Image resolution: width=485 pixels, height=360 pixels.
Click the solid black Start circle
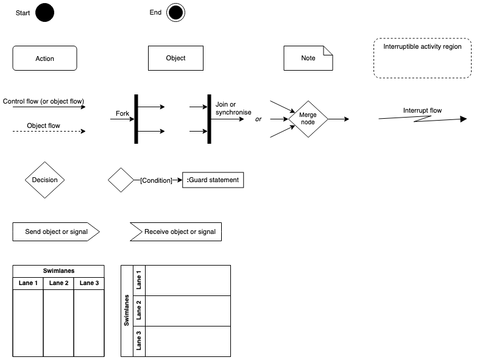(44, 13)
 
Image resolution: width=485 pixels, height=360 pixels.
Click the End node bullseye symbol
(175, 13)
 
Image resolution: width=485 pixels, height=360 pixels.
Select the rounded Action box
(44, 58)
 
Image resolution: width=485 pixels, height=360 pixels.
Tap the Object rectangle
(175, 58)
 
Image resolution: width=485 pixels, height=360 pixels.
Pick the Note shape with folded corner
(308, 58)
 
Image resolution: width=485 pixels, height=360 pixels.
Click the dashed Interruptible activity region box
(422, 58)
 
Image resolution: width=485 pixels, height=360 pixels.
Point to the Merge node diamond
(308, 119)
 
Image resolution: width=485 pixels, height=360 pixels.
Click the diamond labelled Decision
(44, 180)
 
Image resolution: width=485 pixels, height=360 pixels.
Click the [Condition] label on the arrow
(155, 180)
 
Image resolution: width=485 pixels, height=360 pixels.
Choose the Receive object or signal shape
(175, 232)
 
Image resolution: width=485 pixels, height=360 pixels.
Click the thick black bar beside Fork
(136, 119)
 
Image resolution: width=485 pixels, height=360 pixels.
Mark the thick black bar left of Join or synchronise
(209, 119)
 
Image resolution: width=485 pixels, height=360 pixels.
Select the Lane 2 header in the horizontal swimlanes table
(58, 283)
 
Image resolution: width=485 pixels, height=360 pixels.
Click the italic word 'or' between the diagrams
(258, 119)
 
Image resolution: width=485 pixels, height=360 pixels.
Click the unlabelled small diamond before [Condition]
(121, 180)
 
